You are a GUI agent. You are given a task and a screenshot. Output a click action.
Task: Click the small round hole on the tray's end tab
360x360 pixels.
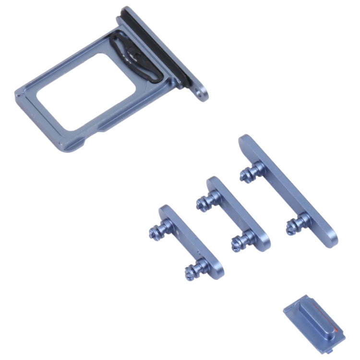(x=201, y=95)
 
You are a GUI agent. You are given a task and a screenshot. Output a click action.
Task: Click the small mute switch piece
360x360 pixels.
(x=314, y=323)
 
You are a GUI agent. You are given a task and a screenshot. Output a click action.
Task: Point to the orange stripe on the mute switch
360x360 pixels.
(x=339, y=331)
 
